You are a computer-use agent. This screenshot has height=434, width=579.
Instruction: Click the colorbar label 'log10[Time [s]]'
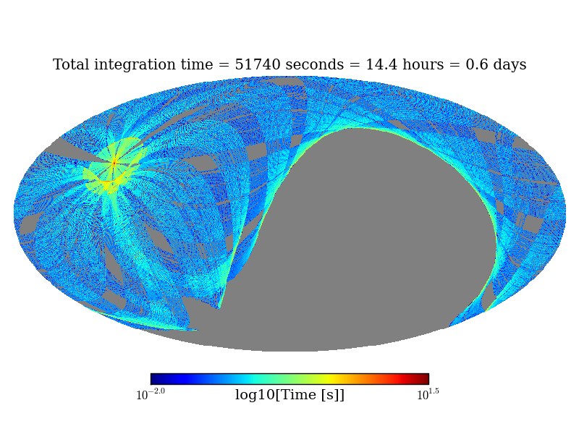(289, 395)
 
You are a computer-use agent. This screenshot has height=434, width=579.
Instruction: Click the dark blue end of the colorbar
(154, 379)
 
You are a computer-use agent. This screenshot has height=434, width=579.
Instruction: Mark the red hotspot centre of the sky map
(114, 164)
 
